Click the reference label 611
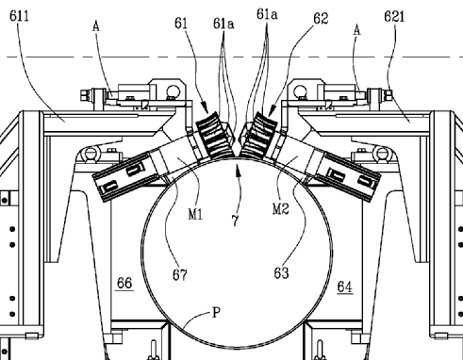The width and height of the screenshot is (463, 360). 20,16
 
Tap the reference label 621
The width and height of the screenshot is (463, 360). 394,16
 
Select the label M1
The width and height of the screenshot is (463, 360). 195,214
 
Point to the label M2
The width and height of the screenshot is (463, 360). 280,209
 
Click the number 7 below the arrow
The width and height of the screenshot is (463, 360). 236,221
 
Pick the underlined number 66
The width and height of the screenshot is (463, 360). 124,284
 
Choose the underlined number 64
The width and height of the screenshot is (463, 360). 345,286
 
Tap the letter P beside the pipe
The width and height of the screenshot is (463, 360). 217,313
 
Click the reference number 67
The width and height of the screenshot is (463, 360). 180,275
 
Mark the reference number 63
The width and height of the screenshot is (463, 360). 281,273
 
